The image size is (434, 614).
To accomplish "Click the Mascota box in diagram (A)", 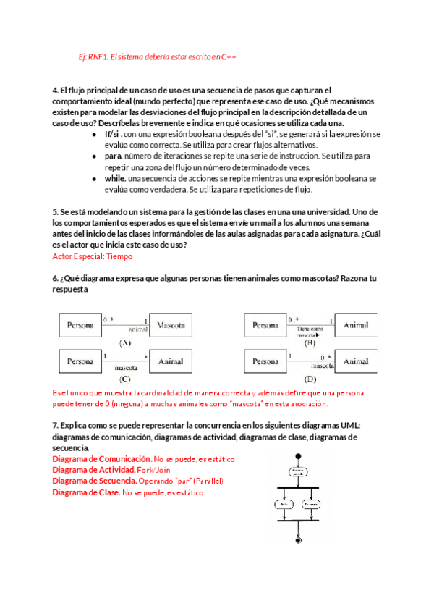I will [174, 325].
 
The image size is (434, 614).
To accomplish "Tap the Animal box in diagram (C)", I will [171, 361].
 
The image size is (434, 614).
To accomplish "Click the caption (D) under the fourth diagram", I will [310, 378].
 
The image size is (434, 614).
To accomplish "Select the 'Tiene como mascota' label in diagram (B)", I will [309, 332].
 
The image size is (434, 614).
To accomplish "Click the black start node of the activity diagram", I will [297, 457].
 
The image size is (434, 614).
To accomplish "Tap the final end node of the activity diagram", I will [297, 539].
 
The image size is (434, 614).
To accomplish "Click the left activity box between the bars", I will [284, 504].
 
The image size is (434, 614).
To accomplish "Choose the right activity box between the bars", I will [312, 504].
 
